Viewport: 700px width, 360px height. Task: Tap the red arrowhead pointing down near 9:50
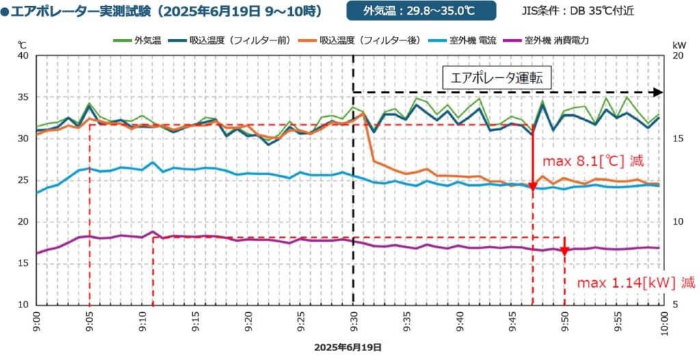[x=564, y=251]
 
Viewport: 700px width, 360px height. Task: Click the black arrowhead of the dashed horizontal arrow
[x=658, y=92]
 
